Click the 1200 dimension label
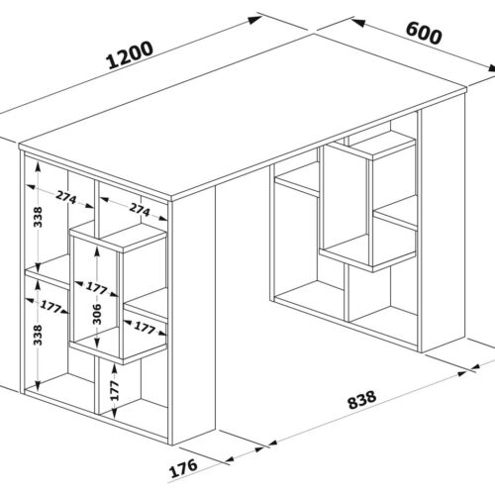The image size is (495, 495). pyautogui.click(x=131, y=55)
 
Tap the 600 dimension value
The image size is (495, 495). pyautogui.click(x=424, y=33)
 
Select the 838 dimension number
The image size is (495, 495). pyautogui.click(x=362, y=400)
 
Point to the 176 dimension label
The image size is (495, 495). pyautogui.click(x=183, y=468)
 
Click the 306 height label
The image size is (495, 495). pyautogui.click(x=97, y=314)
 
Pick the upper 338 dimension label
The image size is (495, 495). pyautogui.click(x=39, y=217)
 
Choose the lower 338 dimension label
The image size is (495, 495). pyautogui.click(x=39, y=336)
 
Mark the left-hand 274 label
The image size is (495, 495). pyautogui.click(x=66, y=197)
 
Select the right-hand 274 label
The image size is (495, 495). pyautogui.click(x=140, y=209)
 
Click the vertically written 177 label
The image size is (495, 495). pyautogui.click(x=114, y=390)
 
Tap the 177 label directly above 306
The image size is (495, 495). pyautogui.click(x=97, y=288)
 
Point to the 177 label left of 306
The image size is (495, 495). pyautogui.click(x=50, y=307)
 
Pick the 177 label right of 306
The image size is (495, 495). pyautogui.click(x=145, y=328)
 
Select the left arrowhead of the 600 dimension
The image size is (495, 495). pyautogui.click(x=358, y=23)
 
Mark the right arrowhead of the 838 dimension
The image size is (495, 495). pyautogui.click(x=460, y=373)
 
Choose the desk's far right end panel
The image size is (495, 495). pyautogui.click(x=444, y=224)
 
